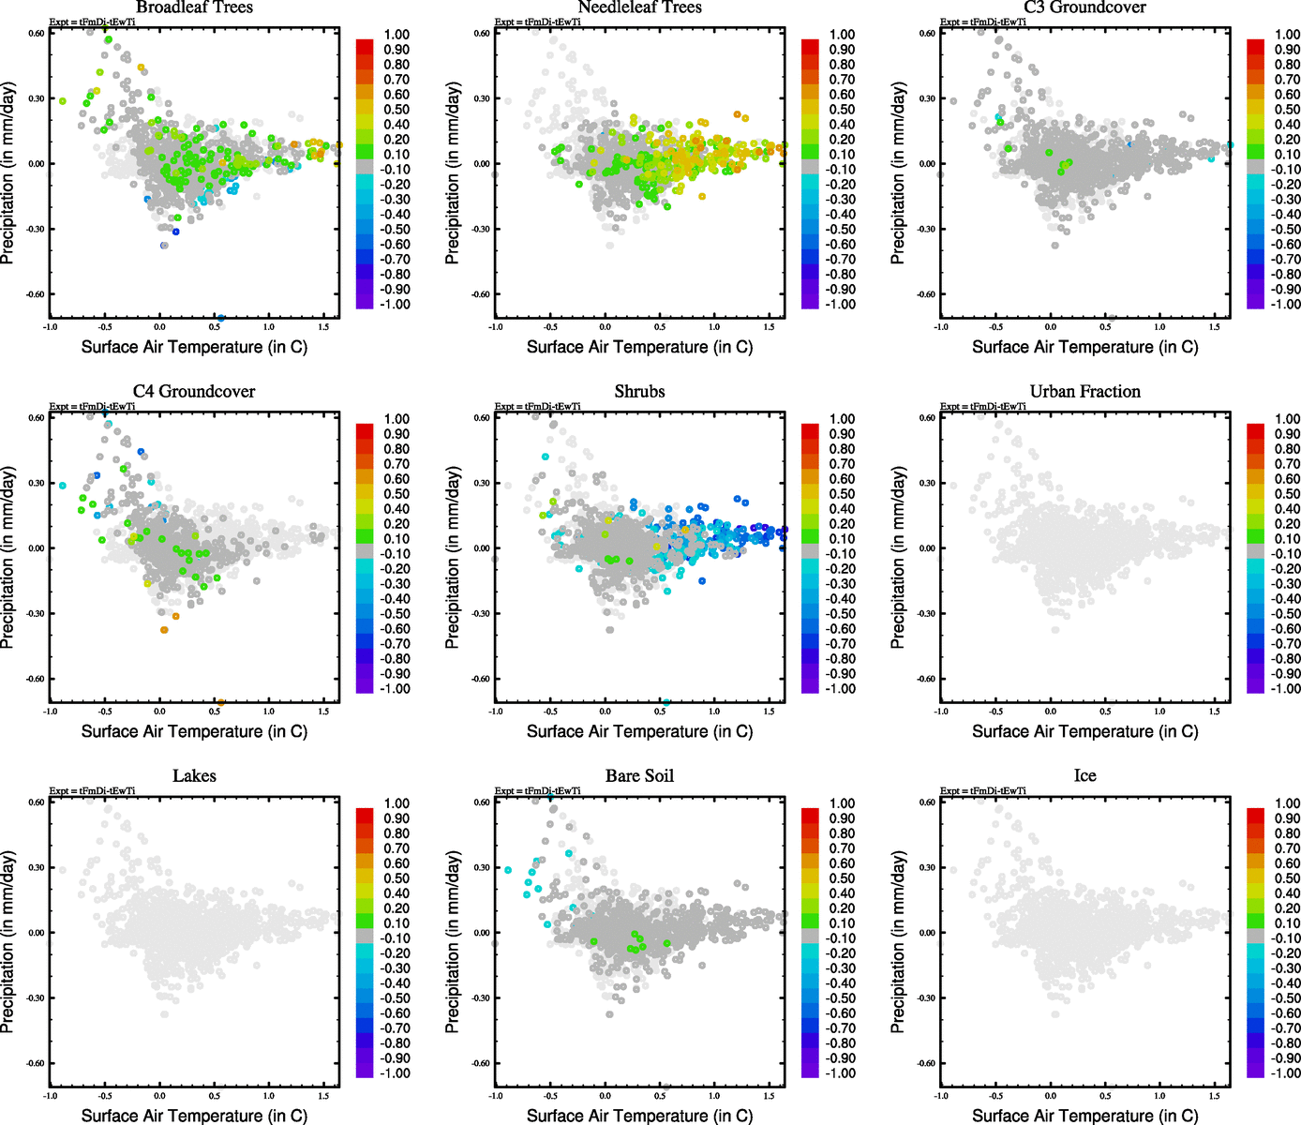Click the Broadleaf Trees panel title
coord(194,7)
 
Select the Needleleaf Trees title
coord(639,7)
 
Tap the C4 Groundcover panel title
coord(194,392)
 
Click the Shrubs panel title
coord(639,392)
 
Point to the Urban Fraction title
coord(1084,392)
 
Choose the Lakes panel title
coord(194,776)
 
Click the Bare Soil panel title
coord(639,776)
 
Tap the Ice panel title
coord(1084,776)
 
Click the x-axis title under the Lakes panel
coord(194,1116)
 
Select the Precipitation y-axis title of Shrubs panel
coord(453,558)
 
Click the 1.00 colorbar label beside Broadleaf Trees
coord(396,35)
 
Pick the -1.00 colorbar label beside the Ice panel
coord(1287,1073)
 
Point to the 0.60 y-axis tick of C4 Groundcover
coord(36,418)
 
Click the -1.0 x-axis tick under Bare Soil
coord(495,1096)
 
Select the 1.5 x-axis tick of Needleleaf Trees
coord(770,327)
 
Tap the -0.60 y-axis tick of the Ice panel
coord(926,1063)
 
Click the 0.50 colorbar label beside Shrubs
coord(842,494)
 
